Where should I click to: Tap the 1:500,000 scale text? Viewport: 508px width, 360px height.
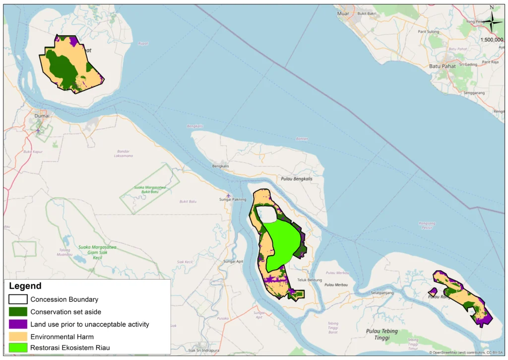(492, 40)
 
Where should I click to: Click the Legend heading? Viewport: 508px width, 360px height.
(25, 287)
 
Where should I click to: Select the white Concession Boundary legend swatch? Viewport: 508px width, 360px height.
(17, 299)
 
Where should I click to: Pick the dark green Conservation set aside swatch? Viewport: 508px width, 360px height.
(17, 312)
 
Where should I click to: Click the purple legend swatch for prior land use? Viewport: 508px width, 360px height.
(17, 324)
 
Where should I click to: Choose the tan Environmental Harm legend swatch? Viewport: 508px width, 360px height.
(17, 336)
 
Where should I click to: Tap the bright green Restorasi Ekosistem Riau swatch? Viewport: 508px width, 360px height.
(17, 348)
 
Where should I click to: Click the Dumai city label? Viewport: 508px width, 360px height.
(42, 116)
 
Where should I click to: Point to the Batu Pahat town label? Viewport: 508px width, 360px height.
(442, 66)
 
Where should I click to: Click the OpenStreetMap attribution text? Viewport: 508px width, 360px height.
(466, 353)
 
